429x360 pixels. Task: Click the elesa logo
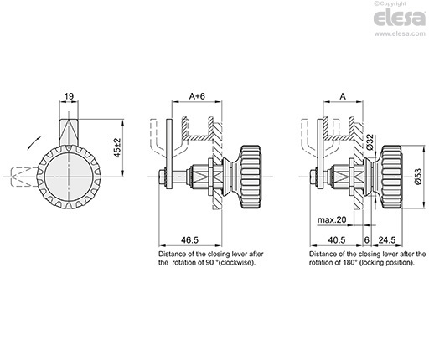click(400, 18)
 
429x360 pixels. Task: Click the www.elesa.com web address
click(400, 33)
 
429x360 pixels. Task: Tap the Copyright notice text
click(390, 3)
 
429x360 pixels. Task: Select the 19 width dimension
click(69, 96)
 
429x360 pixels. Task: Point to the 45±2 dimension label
click(117, 147)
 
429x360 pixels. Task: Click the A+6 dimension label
click(197, 96)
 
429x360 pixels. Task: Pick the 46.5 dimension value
click(189, 239)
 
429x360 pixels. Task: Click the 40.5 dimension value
click(337, 239)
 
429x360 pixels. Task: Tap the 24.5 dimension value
click(387, 239)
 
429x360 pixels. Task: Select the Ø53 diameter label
click(418, 177)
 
